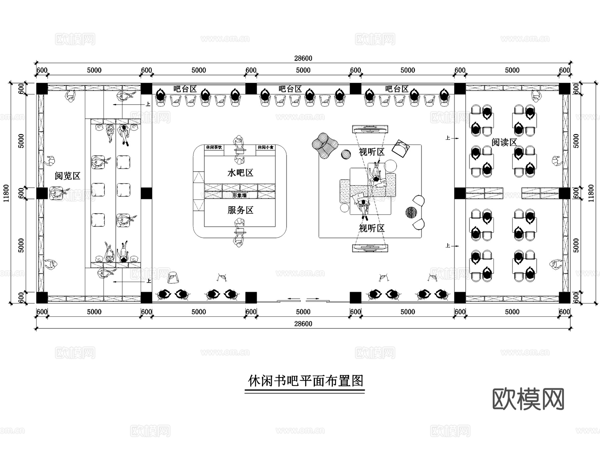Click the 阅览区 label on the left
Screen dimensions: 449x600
68,176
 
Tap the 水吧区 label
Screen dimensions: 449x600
240,173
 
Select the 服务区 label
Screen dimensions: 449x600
240,210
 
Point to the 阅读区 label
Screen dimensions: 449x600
504,143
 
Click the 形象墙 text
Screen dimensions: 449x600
240,195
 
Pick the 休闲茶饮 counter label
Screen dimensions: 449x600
214,147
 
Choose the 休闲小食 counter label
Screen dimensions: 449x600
266,147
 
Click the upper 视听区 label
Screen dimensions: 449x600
372,152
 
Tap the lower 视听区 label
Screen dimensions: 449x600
372,228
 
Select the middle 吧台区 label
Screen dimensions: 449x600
290,89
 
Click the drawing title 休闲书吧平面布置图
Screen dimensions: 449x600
305,381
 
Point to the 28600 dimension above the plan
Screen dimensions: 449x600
303,58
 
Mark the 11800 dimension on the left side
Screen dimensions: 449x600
6,193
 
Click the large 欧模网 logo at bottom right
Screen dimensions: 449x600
528,399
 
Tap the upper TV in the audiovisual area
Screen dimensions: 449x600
370,129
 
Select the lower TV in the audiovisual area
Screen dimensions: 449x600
370,248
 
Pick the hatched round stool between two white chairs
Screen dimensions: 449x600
411,212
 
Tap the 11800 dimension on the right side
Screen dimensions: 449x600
591,193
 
